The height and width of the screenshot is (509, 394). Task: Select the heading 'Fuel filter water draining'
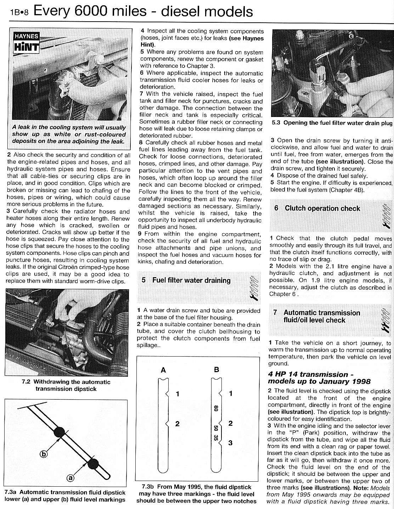tap(191, 280)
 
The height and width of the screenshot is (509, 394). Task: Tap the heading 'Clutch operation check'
tap(322, 208)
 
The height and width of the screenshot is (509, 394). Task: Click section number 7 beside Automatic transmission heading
tap(275, 313)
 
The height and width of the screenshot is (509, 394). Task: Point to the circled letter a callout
tap(71, 478)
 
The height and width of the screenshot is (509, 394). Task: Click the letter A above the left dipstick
tap(163, 370)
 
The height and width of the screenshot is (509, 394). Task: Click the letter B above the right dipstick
tap(217, 370)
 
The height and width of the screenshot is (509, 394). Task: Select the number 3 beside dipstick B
tap(231, 443)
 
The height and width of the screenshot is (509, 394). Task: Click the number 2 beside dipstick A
tap(177, 424)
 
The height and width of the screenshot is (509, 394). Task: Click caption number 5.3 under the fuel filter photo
tap(276, 123)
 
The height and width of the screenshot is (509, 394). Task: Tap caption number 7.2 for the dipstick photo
tap(27, 382)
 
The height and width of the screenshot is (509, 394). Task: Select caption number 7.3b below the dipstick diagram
tap(147, 487)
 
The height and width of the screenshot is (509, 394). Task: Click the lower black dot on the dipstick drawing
tap(93, 464)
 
